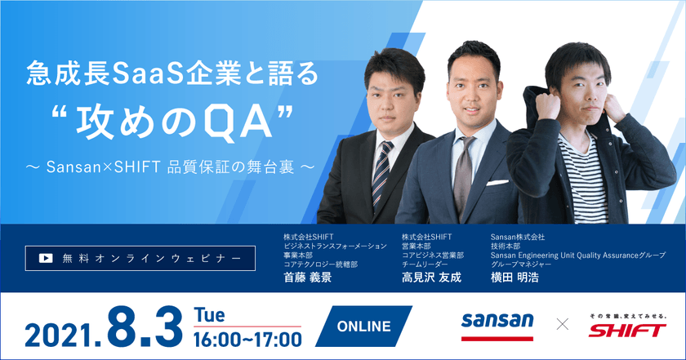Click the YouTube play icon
[47, 257]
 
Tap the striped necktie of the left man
[381, 175]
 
